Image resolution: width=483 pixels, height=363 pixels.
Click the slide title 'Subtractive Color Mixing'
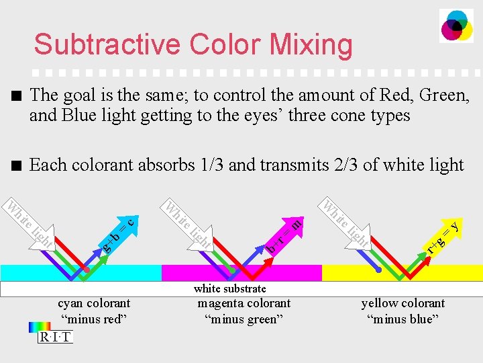pos(193,44)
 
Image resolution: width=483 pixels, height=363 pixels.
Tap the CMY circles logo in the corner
pos(456,26)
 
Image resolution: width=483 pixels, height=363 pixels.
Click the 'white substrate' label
pos(229,288)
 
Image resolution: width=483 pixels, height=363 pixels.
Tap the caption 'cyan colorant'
pos(94,303)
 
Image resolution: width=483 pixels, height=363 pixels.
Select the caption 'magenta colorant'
pos(244,303)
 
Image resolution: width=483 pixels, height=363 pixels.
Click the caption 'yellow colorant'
pos(403,303)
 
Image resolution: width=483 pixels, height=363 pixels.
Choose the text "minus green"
pos(244,319)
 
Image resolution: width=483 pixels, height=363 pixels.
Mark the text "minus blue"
pos(403,319)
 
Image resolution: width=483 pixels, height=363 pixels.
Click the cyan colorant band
pos(40,273)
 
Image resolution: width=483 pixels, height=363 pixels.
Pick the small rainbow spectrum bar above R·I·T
pos(40,327)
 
